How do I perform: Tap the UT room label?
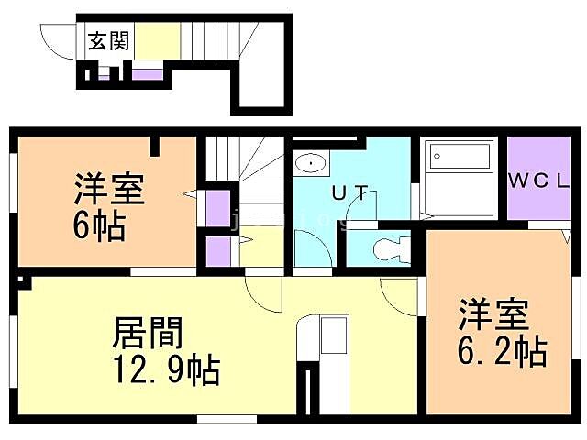click(x=350, y=193)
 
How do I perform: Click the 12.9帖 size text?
click(x=166, y=369)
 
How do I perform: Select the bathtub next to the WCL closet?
click(x=458, y=178)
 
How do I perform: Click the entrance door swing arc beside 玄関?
click(x=56, y=41)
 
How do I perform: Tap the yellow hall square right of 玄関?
click(x=157, y=41)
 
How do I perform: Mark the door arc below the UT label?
click(x=365, y=214)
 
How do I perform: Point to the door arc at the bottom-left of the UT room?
click(x=309, y=246)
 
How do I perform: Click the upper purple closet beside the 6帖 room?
click(x=217, y=207)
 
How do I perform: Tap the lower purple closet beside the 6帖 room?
click(x=217, y=250)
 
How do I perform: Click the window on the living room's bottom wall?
click(x=226, y=419)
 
